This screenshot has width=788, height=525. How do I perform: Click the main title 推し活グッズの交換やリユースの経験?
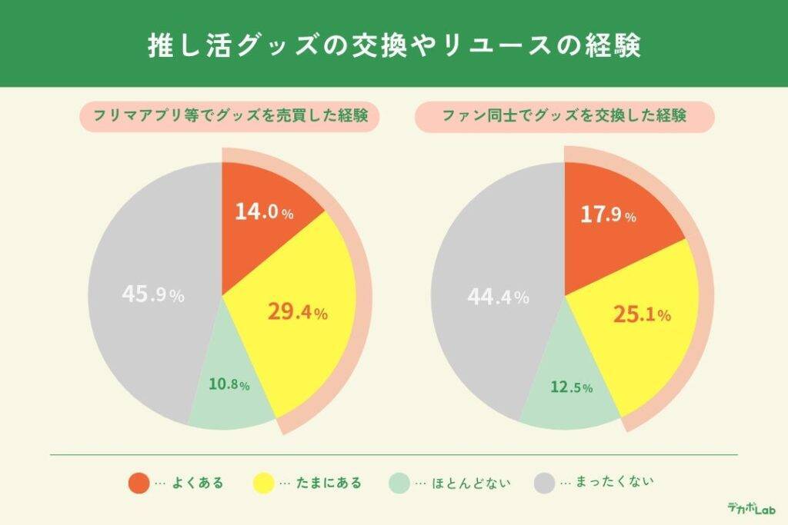click(394, 45)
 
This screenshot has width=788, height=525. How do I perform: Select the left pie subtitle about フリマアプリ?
click(229, 117)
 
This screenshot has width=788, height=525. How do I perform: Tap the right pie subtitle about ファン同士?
click(564, 117)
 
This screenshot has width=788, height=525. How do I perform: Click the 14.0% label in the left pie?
click(264, 213)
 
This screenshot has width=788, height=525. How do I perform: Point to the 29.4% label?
click(298, 311)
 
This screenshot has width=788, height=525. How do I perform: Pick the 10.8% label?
click(229, 385)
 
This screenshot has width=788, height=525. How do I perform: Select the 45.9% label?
click(153, 294)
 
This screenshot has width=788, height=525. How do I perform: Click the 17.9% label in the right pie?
click(607, 215)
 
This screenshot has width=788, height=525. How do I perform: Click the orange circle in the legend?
click(139, 483)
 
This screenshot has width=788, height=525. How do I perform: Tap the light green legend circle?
click(399, 483)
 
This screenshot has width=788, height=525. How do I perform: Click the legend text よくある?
click(198, 483)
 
